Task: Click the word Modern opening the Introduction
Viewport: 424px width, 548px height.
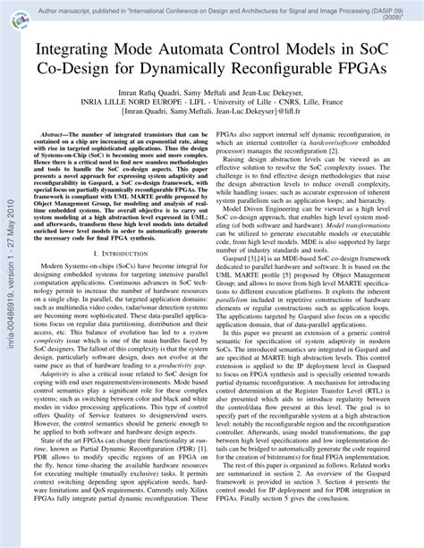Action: click(x=52, y=269)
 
